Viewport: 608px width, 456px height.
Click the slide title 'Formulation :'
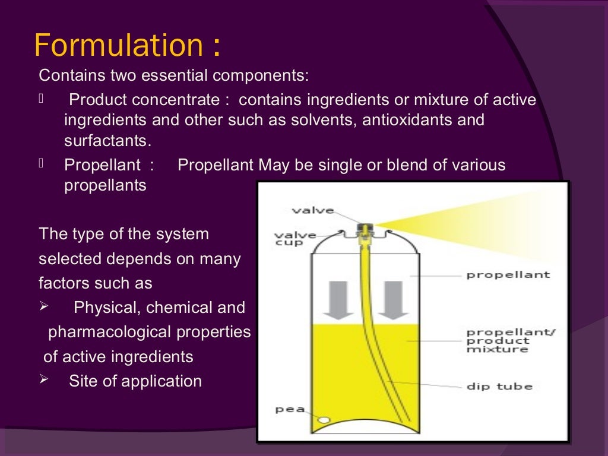click(128, 46)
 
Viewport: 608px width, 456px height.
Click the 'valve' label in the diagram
click(312, 211)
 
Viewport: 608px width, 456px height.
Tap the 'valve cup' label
click(294, 239)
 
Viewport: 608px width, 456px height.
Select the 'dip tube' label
click(499, 387)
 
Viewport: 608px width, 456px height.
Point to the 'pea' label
click(290, 409)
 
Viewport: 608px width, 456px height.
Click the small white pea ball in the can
click(324, 420)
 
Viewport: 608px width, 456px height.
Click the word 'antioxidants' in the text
click(388, 121)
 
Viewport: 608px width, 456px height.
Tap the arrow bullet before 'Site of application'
click(43, 379)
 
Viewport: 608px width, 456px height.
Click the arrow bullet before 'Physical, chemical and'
click(43, 307)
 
